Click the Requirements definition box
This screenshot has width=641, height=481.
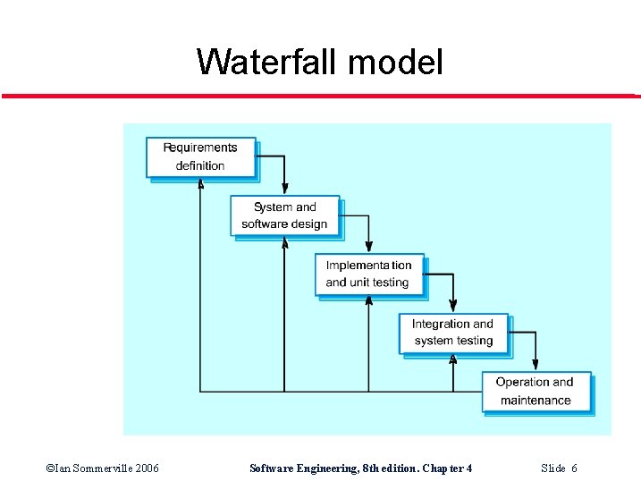pyautogui.click(x=200, y=156)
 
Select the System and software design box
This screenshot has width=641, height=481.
pyautogui.click(x=284, y=215)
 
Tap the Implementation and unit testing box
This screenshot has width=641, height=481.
pyautogui.click(x=368, y=274)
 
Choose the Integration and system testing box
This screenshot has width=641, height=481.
pyautogui.click(x=452, y=332)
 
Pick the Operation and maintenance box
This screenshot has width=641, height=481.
pyautogui.click(x=536, y=391)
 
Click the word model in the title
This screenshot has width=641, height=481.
pyautogui.click(x=395, y=63)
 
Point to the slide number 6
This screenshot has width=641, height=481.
pyautogui.click(x=574, y=468)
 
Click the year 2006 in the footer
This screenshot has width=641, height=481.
pyautogui.click(x=144, y=468)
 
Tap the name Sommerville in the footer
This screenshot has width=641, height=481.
pyautogui.click(x=94, y=468)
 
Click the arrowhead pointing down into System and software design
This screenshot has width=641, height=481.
pyautogui.click(x=284, y=189)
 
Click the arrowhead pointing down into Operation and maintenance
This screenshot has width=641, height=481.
pyautogui.click(x=536, y=364)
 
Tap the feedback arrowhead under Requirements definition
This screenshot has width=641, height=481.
pyautogui.click(x=200, y=184)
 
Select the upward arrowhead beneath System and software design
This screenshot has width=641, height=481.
pyautogui.click(x=284, y=243)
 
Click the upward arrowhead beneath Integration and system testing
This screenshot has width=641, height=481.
pyautogui.click(x=452, y=359)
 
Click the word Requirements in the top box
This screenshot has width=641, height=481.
pyautogui.click(x=200, y=148)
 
